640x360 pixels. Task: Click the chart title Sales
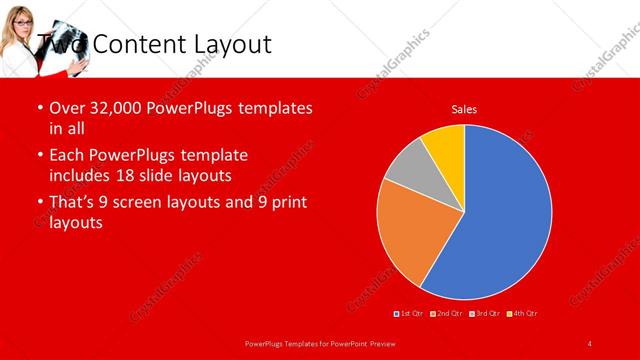464,108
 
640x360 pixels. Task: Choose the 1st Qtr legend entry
410,313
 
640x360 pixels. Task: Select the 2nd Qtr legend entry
447,313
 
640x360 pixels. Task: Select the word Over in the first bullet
68,108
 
